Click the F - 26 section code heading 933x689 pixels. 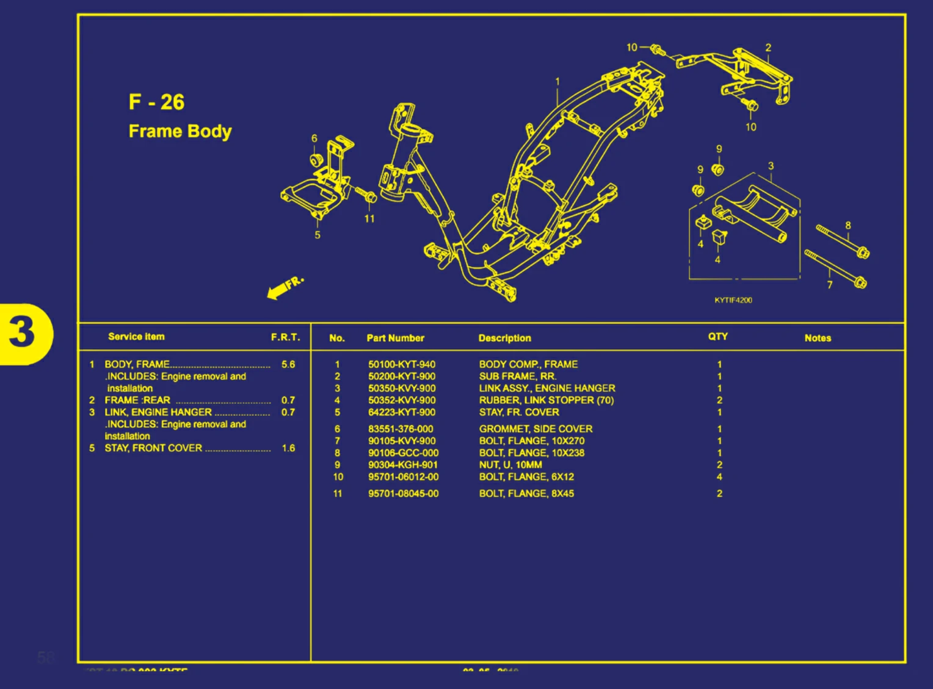pyautogui.click(x=156, y=101)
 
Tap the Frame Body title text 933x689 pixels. pyautogui.click(x=180, y=131)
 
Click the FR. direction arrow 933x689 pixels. pyautogui.click(x=285, y=287)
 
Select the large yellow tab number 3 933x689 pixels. pyautogui.click(x=23, y=333)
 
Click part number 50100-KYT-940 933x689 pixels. pyautogui.click(x=401, y=364)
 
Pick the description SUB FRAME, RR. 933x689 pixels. pyautogui.click(x=517, y=377)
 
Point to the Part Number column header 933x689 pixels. pyautogui.click(x=395, y=338)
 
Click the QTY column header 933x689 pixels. pyautogui.click(x=717, y=337)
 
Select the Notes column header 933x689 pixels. pyautogui.click(x=818, y=338)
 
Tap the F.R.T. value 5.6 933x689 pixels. pyautogui.click(x=288, y=364)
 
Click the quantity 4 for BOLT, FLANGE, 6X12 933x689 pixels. pyautogui.click(x=719, y=477)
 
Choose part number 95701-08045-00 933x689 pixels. pyautogui.click(x=403, y=493)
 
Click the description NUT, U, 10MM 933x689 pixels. pyautogui.click(x=510, y=465)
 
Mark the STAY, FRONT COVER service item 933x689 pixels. pyautogui.click(x=153, y=448)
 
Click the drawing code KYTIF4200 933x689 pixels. pyautogui.click(x=733, y=300)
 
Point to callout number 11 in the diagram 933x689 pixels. pyautogui.click(x=369, y=219)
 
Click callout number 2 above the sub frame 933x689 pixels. pyautogui.click(x=768, y=48)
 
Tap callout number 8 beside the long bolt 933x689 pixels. pyautogui.click(x=848, y=226)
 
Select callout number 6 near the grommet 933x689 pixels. pyautogui.click(x=314, y=139)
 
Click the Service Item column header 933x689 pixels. pyautogui.click(x=136, y=337)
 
